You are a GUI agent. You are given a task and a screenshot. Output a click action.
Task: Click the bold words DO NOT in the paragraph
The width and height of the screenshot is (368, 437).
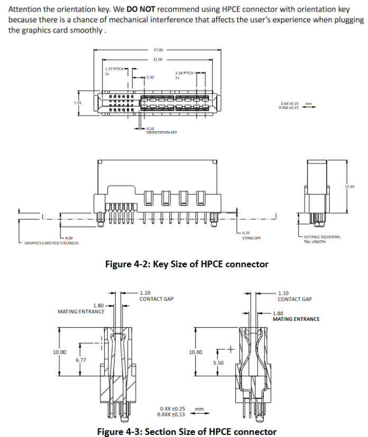click(140, 10)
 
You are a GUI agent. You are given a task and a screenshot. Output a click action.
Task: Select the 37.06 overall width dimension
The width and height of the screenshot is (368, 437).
click(158, 50)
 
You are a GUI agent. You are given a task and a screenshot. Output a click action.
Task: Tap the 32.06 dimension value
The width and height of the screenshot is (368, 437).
click(158, 60)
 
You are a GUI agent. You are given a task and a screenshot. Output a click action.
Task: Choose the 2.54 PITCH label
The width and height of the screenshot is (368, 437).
click(184, 73)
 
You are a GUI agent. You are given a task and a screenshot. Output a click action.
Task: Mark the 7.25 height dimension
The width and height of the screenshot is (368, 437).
click(77, 102)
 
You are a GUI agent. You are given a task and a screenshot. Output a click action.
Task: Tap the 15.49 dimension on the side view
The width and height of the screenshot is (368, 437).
click(349, 187)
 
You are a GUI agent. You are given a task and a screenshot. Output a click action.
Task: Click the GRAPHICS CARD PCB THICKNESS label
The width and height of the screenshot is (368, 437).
click(51, 243)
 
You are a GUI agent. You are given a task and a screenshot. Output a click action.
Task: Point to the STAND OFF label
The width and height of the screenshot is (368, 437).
click(251, 238)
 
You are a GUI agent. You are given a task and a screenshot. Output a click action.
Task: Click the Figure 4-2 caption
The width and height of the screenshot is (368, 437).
click(187, 264)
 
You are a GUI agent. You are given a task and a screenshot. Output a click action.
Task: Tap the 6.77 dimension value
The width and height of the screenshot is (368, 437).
click(81, 360)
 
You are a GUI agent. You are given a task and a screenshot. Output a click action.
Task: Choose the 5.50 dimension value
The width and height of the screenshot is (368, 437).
click(218, 363)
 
